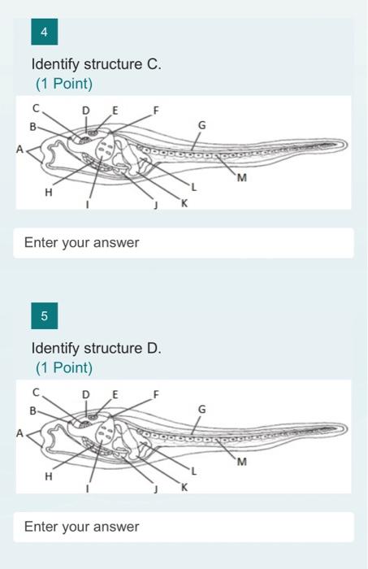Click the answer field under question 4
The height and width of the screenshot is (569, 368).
tap(184, 242)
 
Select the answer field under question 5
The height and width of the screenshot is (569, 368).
tap(184, 527)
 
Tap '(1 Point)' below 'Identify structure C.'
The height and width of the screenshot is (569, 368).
tap(64, 84)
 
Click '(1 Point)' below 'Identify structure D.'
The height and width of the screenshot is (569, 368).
tap(64, 368)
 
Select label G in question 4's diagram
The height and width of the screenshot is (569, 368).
tap(201, 126)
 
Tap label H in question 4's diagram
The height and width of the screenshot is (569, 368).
tap(48, 193)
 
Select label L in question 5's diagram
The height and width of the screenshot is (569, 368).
tap(193, 471)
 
